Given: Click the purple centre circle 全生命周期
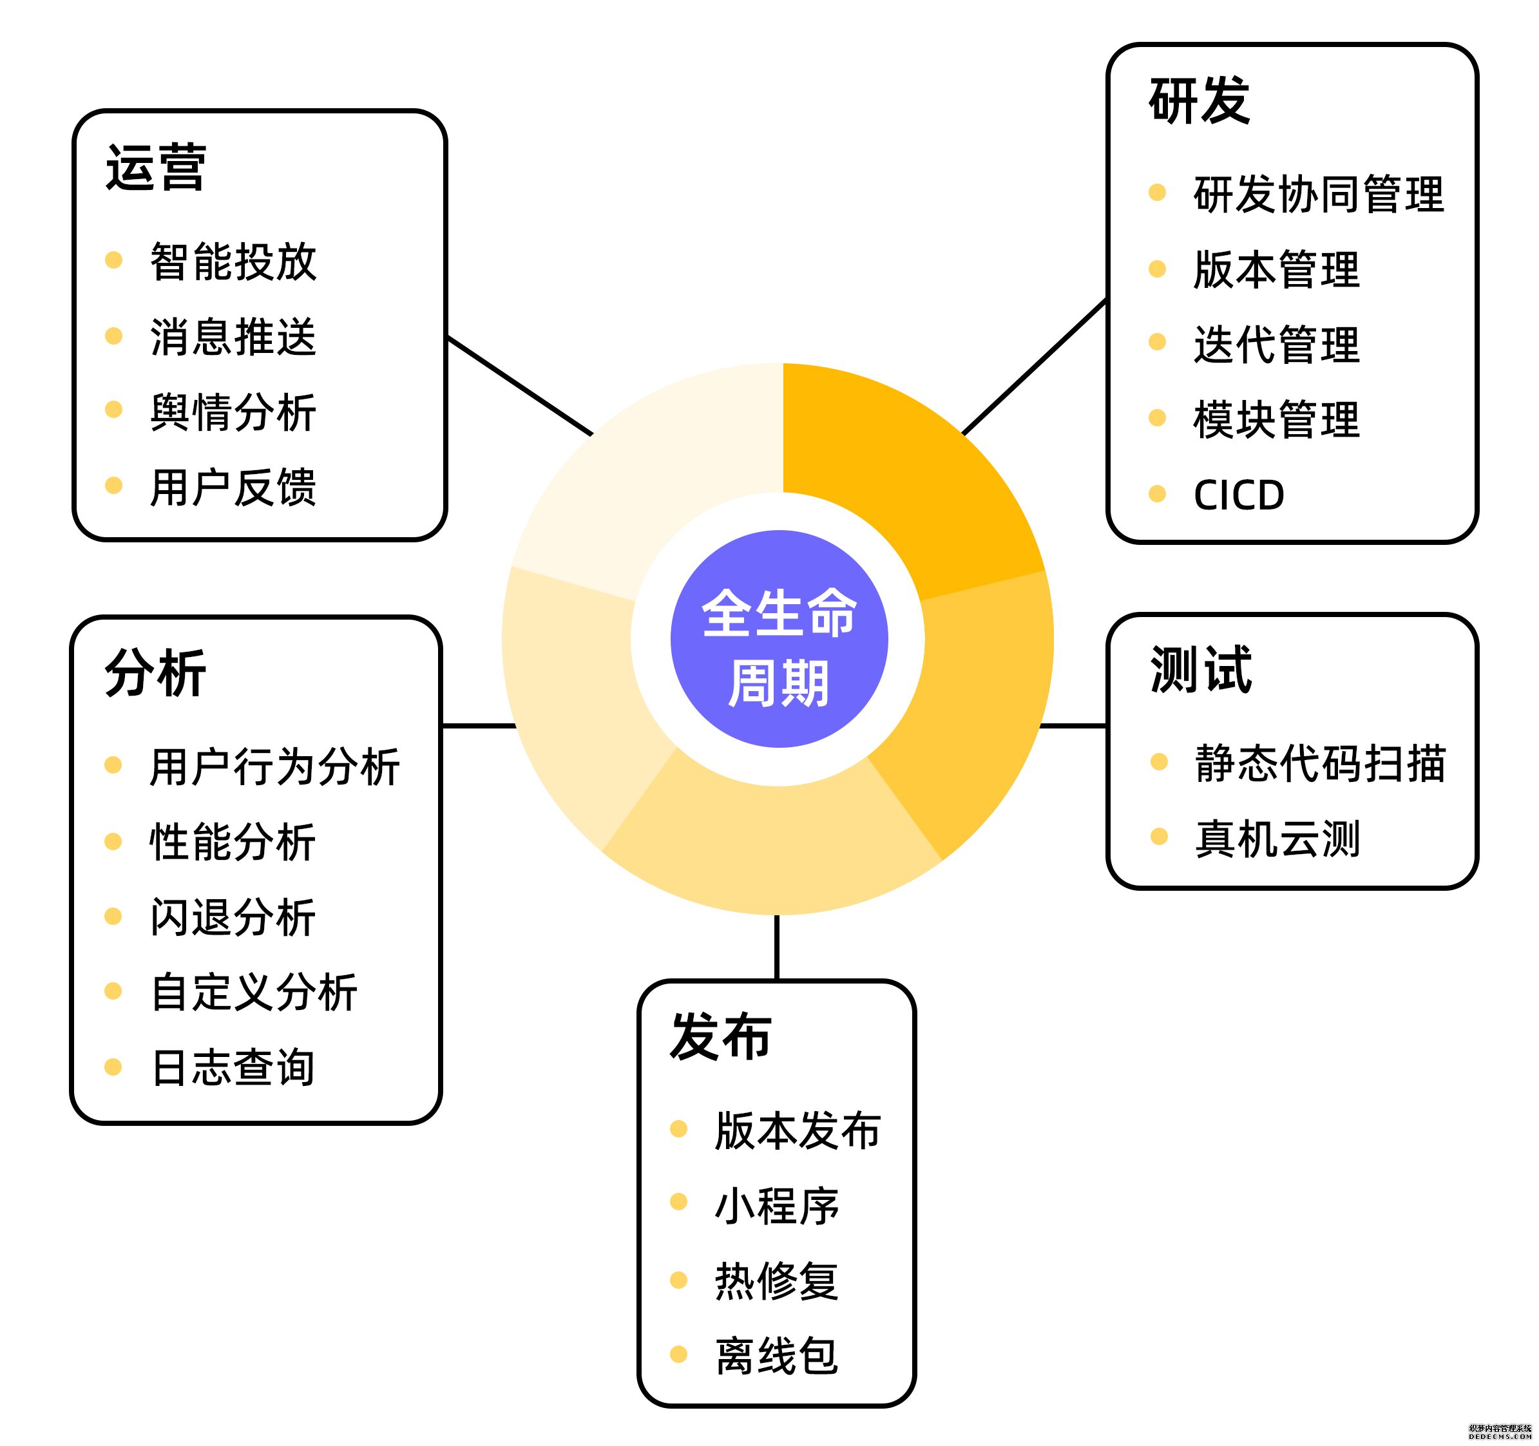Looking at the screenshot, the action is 779,639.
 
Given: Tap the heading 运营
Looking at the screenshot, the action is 156,167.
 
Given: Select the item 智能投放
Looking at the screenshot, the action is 233,261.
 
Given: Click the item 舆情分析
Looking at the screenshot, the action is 233,412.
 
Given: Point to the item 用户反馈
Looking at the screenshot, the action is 233,487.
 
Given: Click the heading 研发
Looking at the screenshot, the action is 1199,100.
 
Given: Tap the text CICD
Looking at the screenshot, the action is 1239,495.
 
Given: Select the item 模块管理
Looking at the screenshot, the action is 1277,419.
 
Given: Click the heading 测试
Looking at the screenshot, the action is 1201,670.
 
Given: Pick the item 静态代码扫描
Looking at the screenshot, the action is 1320,763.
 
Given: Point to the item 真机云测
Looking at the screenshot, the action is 1277,839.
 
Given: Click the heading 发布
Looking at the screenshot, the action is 720,1036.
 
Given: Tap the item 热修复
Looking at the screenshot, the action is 776,1280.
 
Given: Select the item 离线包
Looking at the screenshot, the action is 776,1355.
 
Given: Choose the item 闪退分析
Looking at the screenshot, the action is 233,917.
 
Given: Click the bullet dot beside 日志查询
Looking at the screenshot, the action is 113,1067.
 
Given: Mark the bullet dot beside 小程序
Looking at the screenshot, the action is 679,1201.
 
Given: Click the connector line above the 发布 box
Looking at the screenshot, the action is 776,947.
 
